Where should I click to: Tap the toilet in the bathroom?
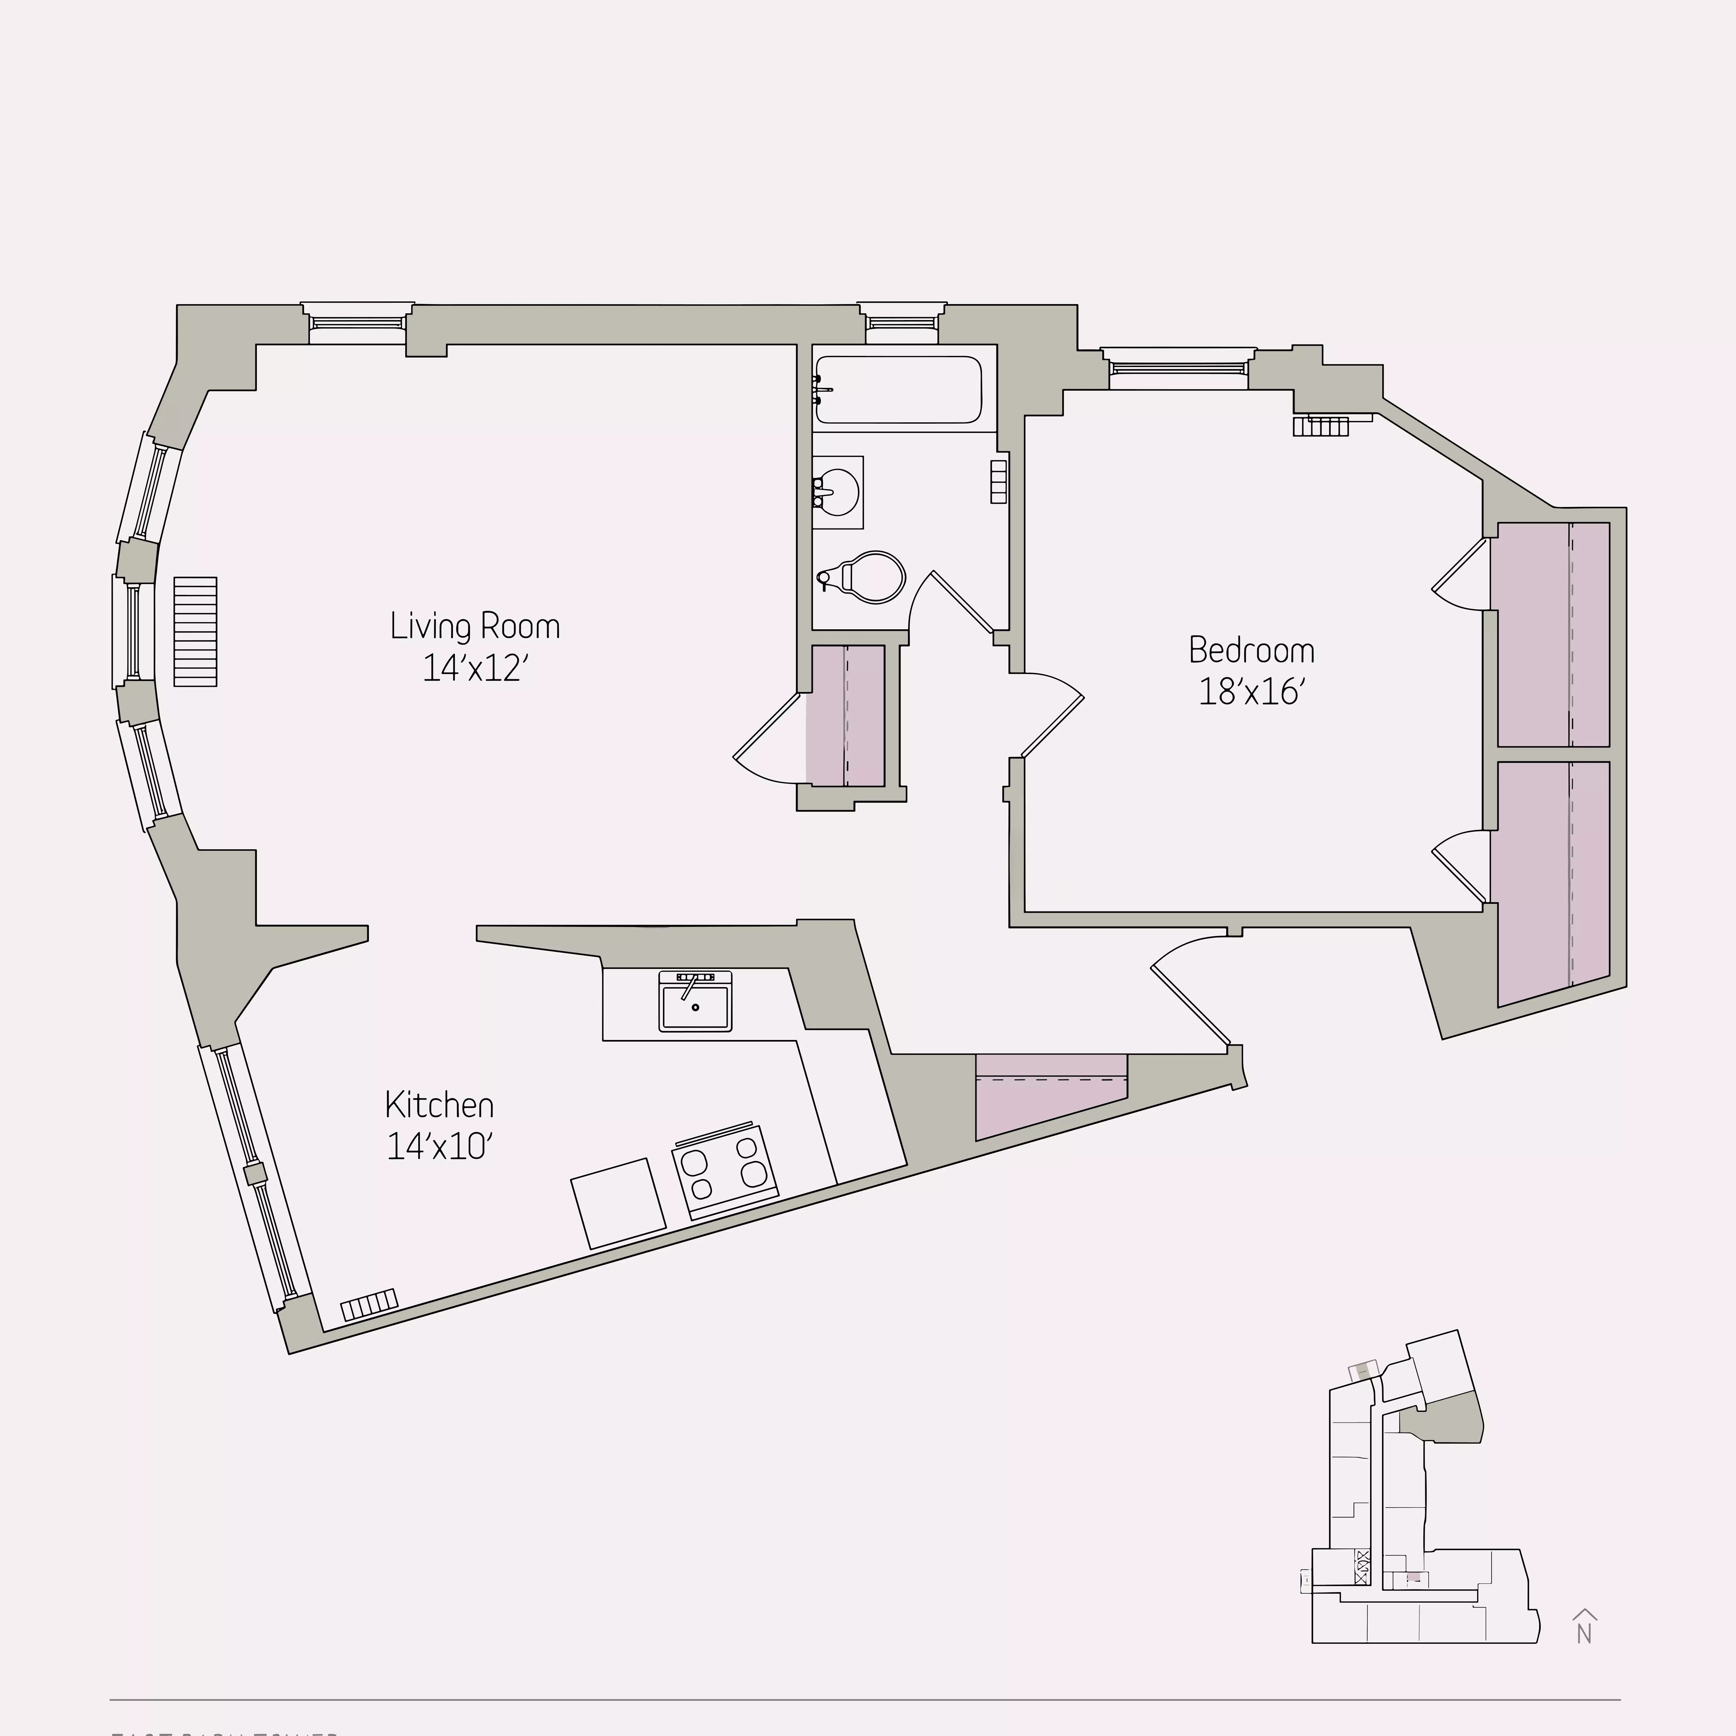coord(867,576)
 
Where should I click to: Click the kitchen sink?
coord(695,1001)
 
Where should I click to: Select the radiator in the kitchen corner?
coord(368,1305)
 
